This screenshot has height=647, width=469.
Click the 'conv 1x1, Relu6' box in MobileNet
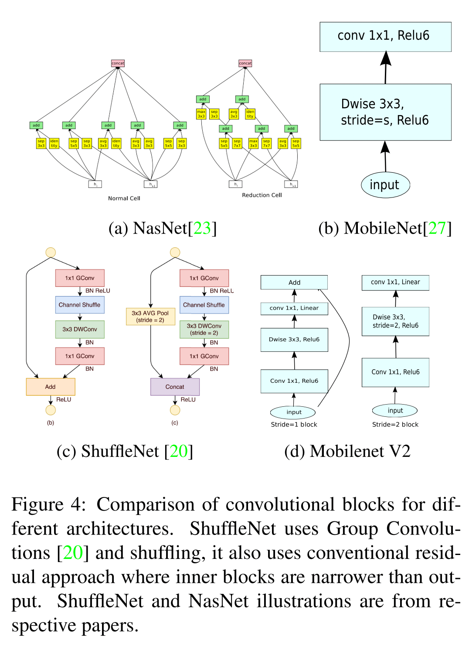tap(385, 37)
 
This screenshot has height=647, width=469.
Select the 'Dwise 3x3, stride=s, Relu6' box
tap(385, 112)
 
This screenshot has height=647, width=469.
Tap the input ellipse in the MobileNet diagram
tap(385, 185)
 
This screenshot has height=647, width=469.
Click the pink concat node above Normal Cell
tap(118, 63)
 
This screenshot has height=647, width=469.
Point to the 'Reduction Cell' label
tap(262, 195)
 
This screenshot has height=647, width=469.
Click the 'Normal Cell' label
tap(124, 198)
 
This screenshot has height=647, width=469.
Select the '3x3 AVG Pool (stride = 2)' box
tap(150, 317)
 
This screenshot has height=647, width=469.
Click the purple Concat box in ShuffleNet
tap(175, 387)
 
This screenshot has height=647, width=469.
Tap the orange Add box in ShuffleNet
tap(51, 387)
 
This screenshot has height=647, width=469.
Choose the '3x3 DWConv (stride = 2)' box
tap(204, 329)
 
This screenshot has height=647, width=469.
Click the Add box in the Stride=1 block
tap(294, 283)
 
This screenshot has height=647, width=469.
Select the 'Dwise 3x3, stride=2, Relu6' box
tap(395, 321)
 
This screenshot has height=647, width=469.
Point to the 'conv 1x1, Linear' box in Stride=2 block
tap(395, 283)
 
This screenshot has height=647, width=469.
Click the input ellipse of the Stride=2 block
tap(395, 410)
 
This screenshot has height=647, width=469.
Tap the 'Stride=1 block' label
tap(294, 425)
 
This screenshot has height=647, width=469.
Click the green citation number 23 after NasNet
tap(202, 228)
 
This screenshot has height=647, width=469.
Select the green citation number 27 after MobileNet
tap(437, 228)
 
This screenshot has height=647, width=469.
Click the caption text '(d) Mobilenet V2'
tap(347, 451)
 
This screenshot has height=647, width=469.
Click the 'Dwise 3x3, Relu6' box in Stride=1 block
tap(294, 340)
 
